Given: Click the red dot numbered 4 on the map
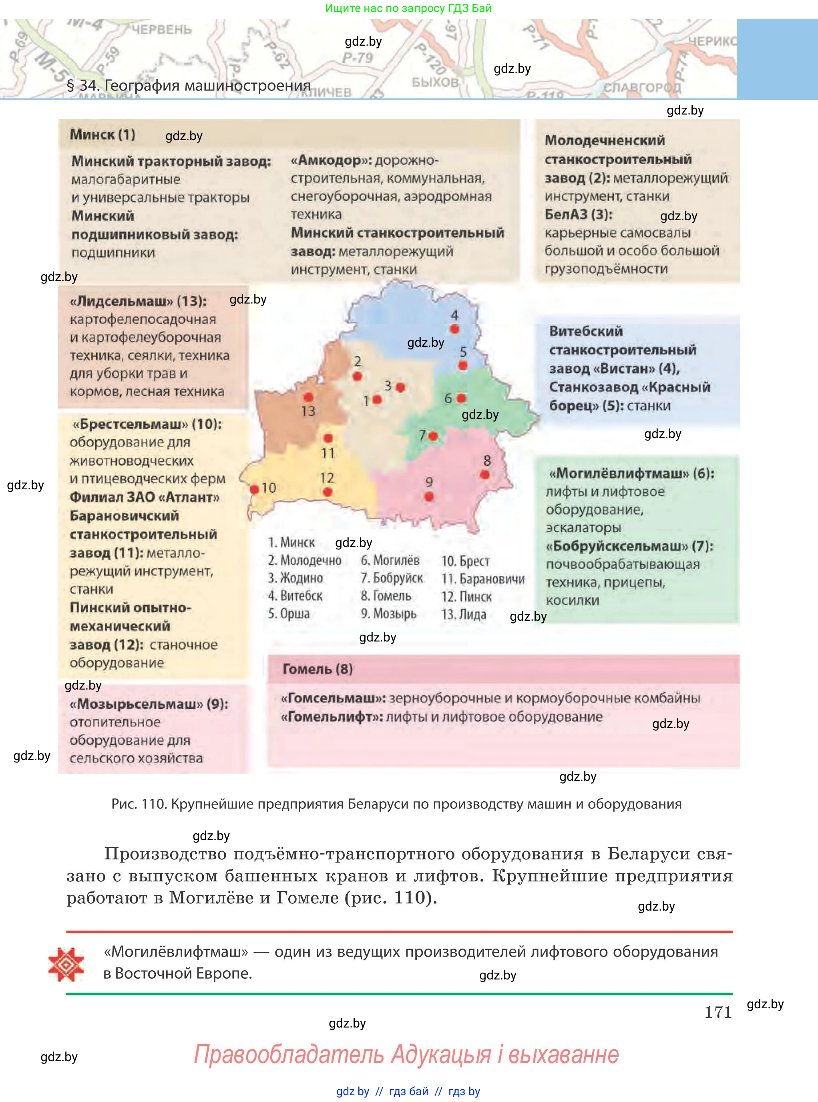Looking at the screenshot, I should tap(454, 328).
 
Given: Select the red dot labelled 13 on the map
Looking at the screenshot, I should tap(308, 397).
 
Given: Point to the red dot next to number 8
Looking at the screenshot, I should tap(485, 475).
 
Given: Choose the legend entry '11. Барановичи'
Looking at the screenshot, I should tap(483, 579).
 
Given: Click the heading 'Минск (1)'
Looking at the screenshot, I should tap(103, 134).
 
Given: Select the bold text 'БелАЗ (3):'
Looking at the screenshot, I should tap(578, 215).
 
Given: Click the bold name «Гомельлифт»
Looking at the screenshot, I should tap(331, 717).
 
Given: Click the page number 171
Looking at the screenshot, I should tap(718, 1012).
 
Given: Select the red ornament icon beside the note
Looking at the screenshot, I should tap(66, 964).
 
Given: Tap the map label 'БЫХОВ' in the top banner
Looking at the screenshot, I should tap(435, 82).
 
